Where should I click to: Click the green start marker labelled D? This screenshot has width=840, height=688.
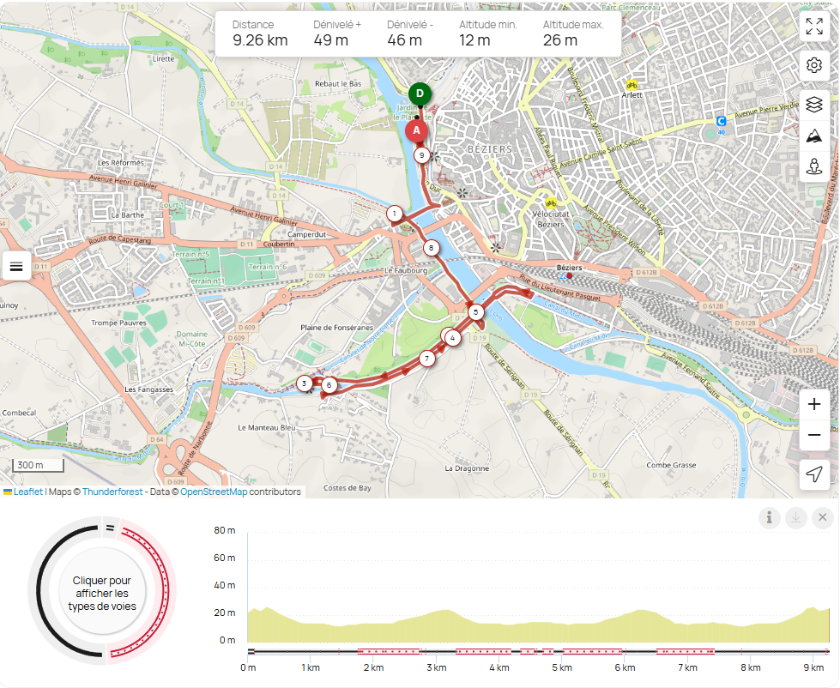pyautogui.click(x=420, y=94)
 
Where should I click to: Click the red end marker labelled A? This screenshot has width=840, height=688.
pyautogui.click(x=416, y=130)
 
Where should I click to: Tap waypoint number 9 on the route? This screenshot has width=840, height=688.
pyautogui.click(x=421, y=155)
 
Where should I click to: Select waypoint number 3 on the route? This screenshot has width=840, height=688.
pyautogui.click(x=304, y=383)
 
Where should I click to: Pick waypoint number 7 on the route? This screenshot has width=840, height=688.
pyautogui.click(x=426, y=359)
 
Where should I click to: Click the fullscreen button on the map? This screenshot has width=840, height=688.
pyautogui.click(x=814, y=26)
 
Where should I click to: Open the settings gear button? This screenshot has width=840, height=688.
pyautogui.click(x=814, y=65)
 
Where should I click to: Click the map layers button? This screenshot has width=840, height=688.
pyautogui.click(x=814, y=104)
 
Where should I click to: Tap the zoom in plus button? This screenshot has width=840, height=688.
pyautogui.click(x=814, y=405)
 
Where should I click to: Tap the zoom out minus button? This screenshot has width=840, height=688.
pyautogui.click(x=814, y=435)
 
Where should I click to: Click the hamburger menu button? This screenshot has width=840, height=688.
pyautogui.click(x=16, y=266)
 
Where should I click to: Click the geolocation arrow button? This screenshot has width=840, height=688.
pyautogui.click(x=814, y=474)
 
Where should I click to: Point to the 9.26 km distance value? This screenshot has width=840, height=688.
pyautogui.click(x=260, y=39)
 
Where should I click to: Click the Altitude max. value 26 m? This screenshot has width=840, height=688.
pyautogui.click(x=559, y=39)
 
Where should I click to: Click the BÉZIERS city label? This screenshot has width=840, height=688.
pyautogui.click(x=489, y=149)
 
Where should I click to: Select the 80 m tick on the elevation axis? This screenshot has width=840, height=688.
pyautogui.click(x=226, y=530)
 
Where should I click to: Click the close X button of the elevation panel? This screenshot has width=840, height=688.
pyautogui.click(x=822, y=517)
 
